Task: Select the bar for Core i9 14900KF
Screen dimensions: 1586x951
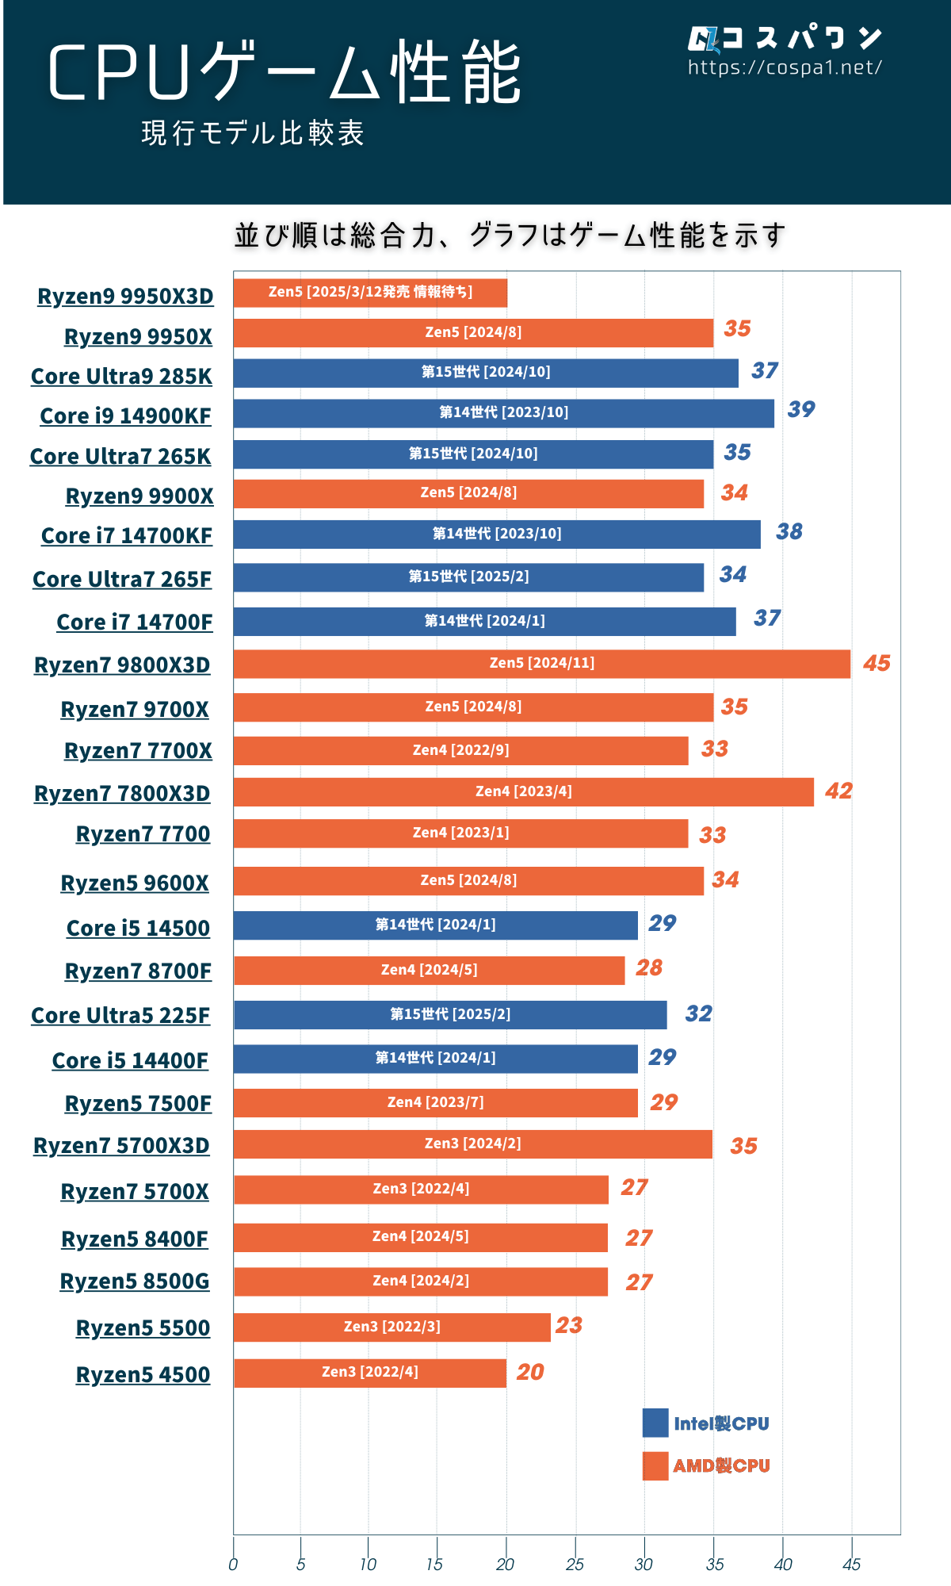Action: (503, 413)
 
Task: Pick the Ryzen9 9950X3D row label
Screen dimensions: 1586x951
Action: (125, 297)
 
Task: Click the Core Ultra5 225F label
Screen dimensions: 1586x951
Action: (120, 1016)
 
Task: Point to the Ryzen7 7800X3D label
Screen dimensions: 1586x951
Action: (122, 794)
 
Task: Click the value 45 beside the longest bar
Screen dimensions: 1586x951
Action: (877, 663)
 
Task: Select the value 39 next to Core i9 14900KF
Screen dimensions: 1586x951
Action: (801, 409)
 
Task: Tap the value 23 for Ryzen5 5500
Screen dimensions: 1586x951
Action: (569, 1325)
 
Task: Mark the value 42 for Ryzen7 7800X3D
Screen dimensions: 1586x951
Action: (838, 791)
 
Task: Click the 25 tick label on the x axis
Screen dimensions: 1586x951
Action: (575, 1565)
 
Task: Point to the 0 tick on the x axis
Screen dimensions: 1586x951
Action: (233, 1565)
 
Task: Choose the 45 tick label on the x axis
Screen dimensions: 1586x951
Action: (851, 1565)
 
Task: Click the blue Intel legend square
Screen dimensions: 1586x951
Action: (655, 1423)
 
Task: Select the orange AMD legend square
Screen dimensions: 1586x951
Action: (655, 1465)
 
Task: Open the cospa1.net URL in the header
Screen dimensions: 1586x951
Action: (785, 68)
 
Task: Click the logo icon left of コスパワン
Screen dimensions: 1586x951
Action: (702, 39)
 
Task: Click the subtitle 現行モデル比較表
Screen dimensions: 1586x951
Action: (253, 133)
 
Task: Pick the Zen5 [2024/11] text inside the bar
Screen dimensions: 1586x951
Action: (542, 663)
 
